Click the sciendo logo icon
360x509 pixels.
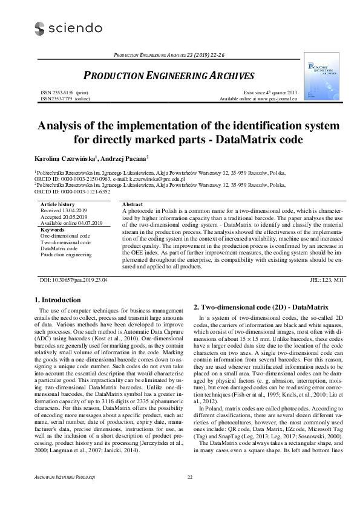[x=40, y=28]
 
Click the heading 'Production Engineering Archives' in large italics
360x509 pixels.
[x=168, y=76]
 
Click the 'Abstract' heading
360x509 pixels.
[x=133, y=205]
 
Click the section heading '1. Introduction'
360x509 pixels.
[x=57, y=300]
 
